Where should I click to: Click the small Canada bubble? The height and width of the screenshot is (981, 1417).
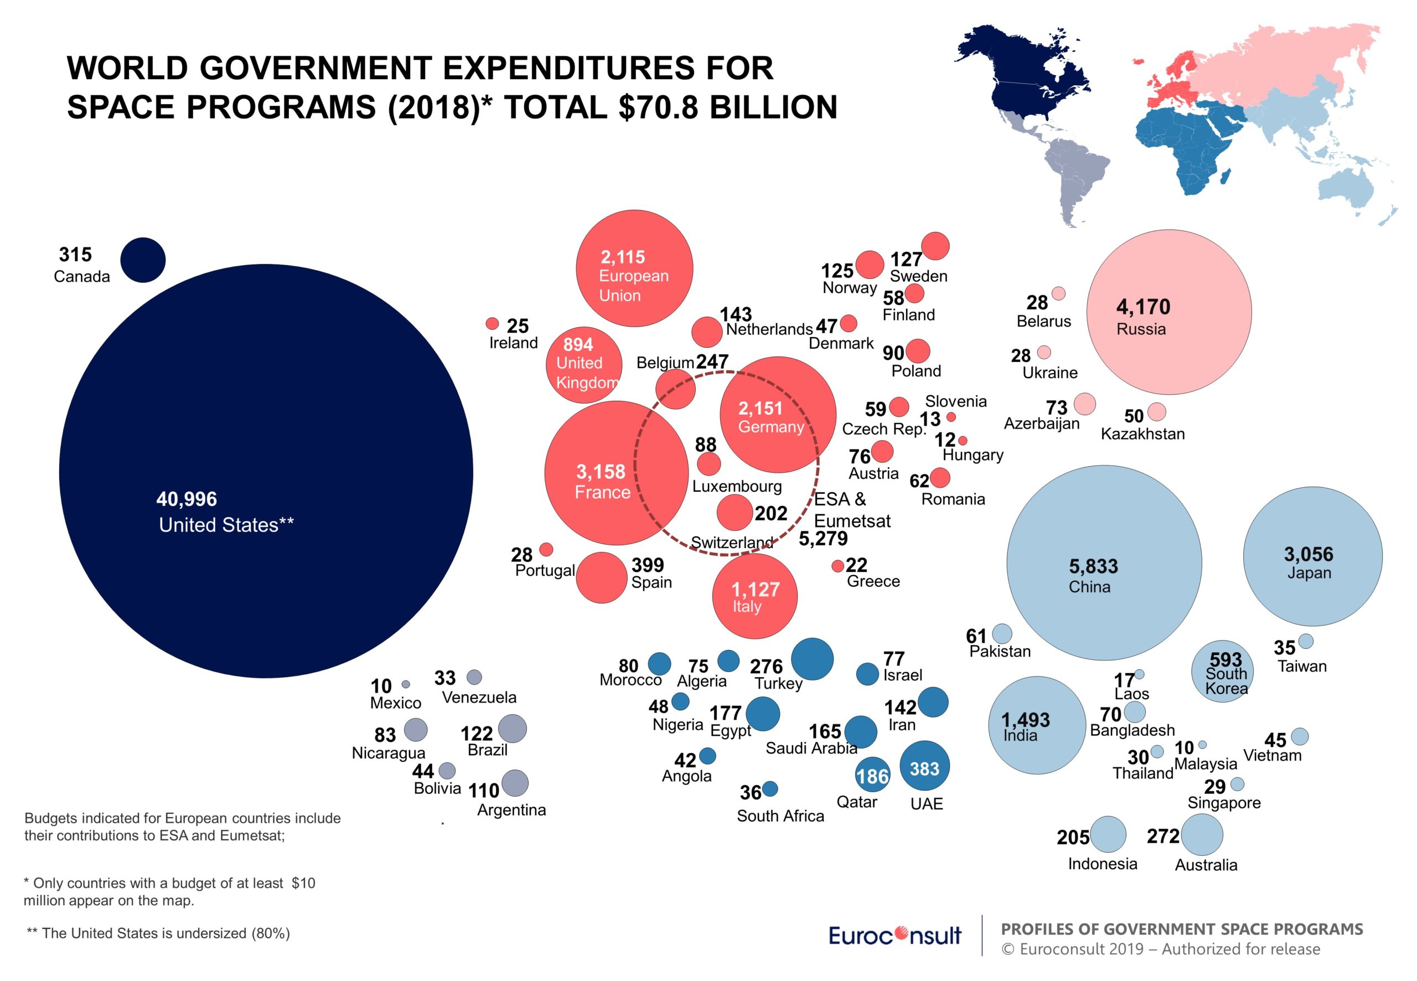(x=143, y=260)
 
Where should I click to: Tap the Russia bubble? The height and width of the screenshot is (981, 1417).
(x=1169, y=312)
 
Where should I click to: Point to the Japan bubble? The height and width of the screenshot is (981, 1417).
(x=1312, y=556)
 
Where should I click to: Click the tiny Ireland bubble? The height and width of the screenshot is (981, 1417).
(x=492, y=323)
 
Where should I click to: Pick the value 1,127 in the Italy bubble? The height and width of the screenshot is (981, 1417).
(x=755, y=590)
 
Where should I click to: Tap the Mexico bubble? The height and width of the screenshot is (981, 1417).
(x=406, y=684)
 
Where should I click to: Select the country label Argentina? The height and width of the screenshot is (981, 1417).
(x=511, y=810)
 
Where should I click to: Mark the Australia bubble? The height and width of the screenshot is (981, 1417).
(x=1202, y=835)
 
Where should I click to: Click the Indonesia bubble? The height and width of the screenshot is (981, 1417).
(x=1108, y=835)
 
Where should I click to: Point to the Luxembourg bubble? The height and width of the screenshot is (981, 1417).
(x=708, y=464)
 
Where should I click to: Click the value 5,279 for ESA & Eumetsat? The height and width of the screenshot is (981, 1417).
(x=823, y=539)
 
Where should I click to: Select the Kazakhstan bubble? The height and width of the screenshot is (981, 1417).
(x=1156, y=412)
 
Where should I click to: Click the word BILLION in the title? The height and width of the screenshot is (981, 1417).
(x=774, y=107)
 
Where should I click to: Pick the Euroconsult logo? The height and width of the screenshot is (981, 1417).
(x=894, y=936)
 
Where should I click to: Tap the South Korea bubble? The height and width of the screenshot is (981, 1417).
(x=1222, y=673)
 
